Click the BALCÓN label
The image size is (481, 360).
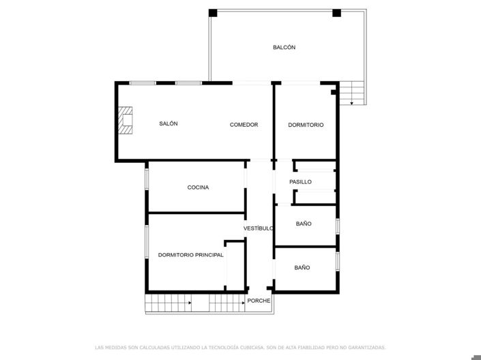tap(284, 47)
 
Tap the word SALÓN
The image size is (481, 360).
tap(169, 123)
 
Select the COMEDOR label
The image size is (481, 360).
tap(244, 124)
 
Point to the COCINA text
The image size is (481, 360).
tap(198, 187)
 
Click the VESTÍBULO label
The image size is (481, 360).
tap(259, 228)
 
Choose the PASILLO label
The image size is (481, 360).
tap(300, 181)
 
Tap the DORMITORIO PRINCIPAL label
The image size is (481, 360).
tap(190, 254)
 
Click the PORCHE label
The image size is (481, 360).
tap(259, 300)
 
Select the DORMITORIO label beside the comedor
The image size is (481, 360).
tap(306, 125)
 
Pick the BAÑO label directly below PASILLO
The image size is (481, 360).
tap(304, 224)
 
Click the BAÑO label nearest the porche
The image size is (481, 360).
tap(302, 267)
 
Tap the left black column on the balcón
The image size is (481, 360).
tap(213, 13)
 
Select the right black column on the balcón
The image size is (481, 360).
tap(336, 13)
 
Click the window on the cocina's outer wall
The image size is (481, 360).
tap(146, 179)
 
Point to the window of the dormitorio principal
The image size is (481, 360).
tap(146, 241)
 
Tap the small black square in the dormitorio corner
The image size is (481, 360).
tap(333, 91)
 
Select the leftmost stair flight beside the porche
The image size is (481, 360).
tap(168, 302)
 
